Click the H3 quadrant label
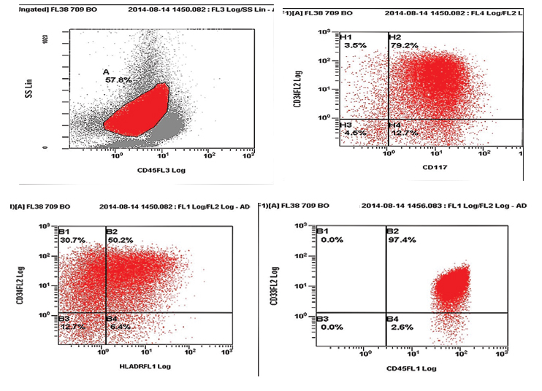pos(346,125)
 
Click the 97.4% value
pos(400,240)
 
